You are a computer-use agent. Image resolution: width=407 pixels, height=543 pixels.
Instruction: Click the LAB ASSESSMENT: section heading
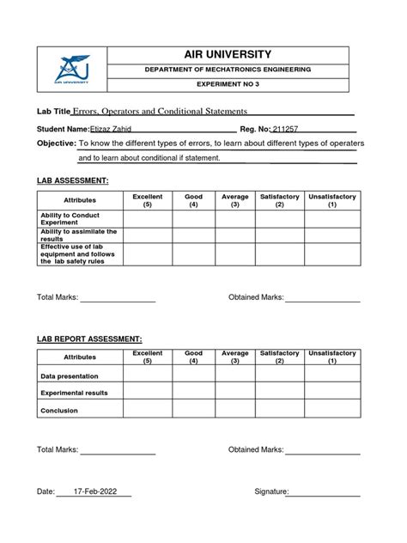[x=72, y=181]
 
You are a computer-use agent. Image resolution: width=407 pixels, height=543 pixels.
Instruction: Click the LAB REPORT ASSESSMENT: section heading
[x=88, y=339]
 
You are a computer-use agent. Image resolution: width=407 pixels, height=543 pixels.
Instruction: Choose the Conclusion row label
[x=59, y=411]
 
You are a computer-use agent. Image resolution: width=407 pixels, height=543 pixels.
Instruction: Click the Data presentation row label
[x=70, y=376]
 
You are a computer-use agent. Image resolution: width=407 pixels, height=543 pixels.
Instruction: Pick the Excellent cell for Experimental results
[x=147, y=393]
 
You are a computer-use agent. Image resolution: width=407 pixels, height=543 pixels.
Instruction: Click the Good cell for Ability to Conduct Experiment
[x=194, y=218]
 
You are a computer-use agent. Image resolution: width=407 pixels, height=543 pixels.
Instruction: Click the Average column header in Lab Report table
[x=234, y=357]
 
